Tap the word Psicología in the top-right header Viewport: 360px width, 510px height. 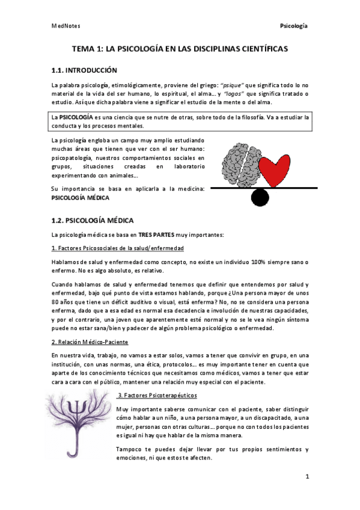tap(294, 26)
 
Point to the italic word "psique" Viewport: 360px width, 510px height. tap(216, 85)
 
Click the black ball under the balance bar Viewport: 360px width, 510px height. tap(260, 197)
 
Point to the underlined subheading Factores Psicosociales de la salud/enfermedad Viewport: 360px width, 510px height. tap(118, 248)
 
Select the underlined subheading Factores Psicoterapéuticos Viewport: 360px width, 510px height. tap(157, 395)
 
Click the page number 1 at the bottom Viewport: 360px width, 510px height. tap(307, 477)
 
